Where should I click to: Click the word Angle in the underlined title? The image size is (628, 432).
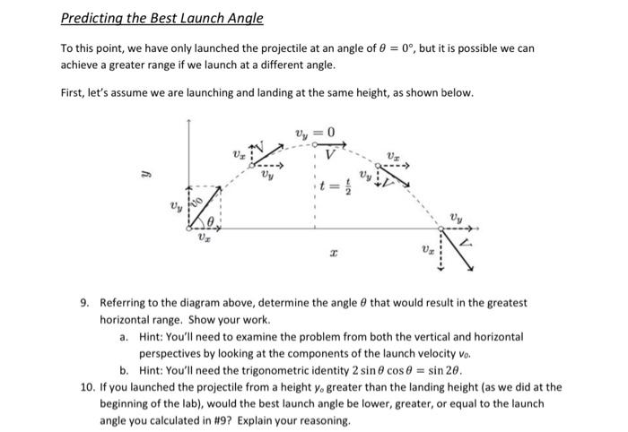(242, 18)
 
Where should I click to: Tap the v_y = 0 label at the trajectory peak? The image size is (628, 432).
(315, 134)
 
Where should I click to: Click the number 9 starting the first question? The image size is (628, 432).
(83, 305)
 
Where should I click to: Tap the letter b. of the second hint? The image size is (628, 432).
(124, 370)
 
